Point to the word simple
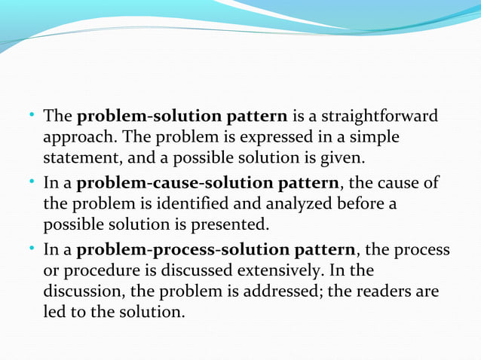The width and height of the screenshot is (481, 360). (x=374, y=139)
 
